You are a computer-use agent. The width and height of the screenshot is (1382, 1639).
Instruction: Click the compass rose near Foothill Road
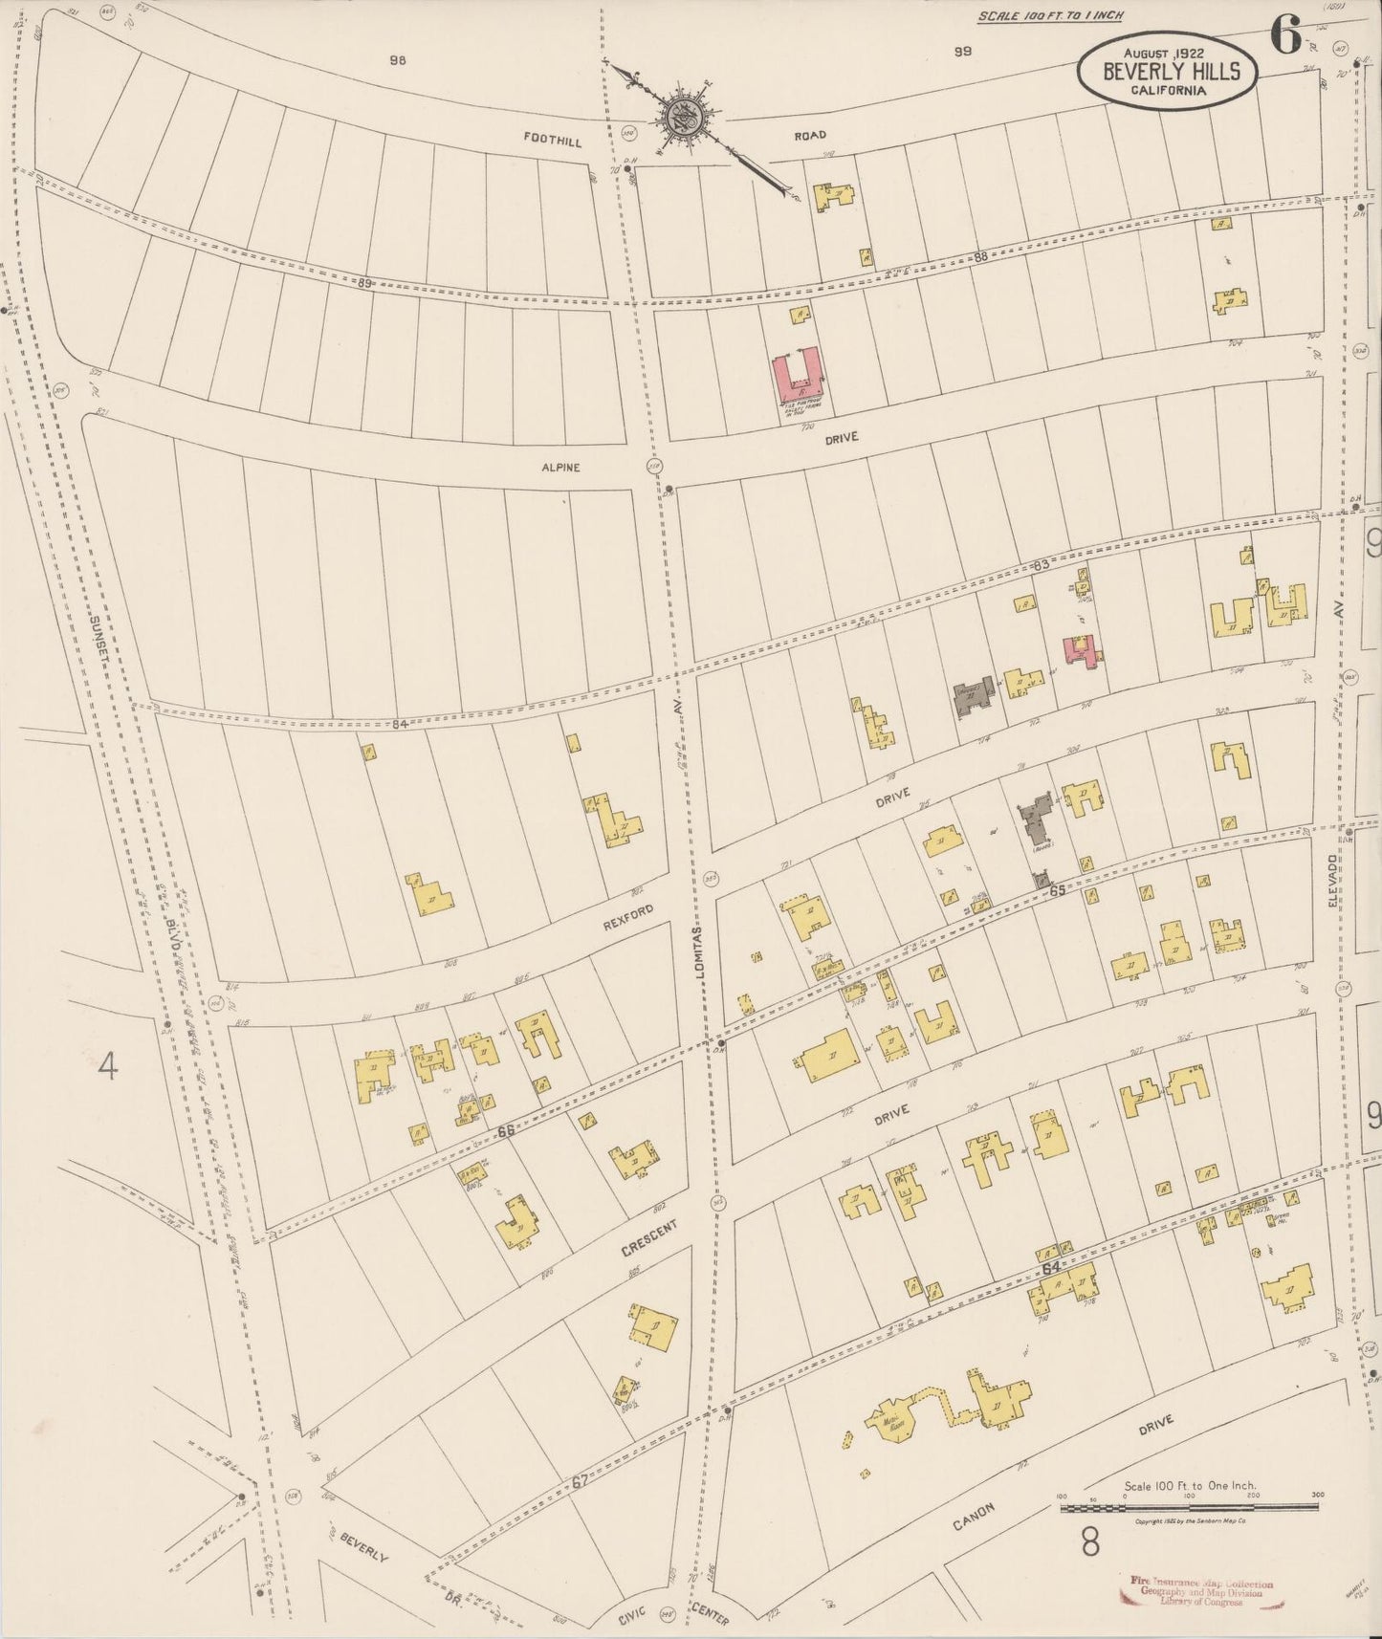pos(687,117)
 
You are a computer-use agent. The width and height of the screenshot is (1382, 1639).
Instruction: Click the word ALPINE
pos(561,468)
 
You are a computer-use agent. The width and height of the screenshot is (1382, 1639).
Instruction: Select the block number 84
pos(400,724)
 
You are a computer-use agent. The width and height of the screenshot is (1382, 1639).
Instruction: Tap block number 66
pos(506,1130)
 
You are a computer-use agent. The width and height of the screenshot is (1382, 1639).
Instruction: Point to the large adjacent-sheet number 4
pos(108,1064)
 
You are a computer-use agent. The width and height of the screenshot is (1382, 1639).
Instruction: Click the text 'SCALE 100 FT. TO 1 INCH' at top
pos(1050,15)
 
